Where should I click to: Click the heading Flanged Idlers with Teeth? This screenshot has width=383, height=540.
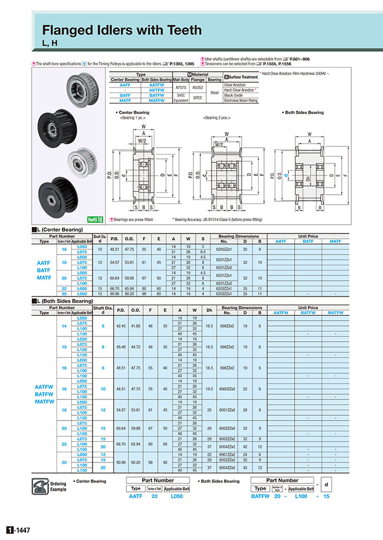[121, 29]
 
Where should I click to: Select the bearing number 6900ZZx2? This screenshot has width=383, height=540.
[226, 389]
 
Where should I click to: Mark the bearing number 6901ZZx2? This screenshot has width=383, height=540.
[226, 454]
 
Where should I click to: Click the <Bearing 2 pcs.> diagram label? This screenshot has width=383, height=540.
[219, 118]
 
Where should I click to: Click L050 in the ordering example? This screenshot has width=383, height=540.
[177, 496]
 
